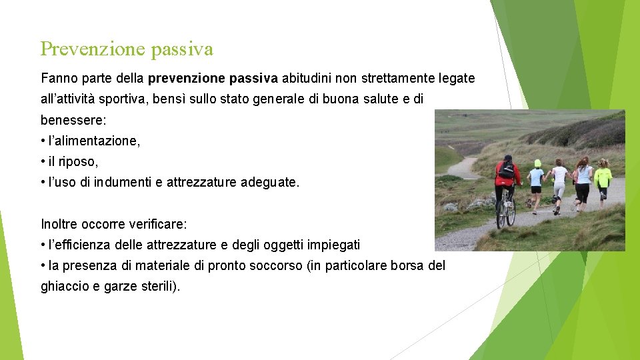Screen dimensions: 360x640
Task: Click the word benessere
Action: coord(73,121)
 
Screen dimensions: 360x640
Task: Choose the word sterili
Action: coord(159,287)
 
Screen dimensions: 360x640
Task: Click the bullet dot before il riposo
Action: coord(43,162)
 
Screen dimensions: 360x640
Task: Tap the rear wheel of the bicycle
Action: coord(510,211)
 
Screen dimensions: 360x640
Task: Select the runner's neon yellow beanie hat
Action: coord(537,163)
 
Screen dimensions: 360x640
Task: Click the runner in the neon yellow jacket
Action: coord(603,177)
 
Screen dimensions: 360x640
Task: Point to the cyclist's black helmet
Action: coord(508,159)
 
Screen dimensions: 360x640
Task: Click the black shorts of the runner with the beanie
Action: coord(537,189)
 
